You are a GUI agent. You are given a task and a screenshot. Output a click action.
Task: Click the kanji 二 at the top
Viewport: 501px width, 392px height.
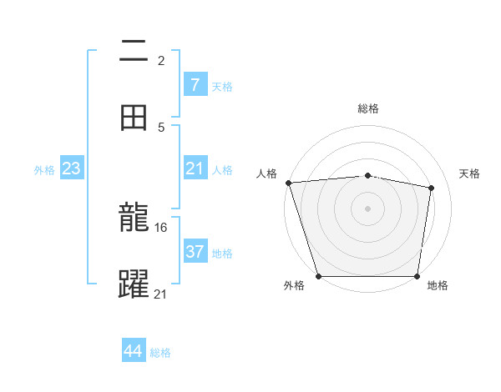[134, 53]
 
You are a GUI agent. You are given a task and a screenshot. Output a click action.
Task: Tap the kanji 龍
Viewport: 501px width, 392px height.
[134, 219]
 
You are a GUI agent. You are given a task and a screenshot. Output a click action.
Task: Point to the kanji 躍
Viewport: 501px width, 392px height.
[134, 284]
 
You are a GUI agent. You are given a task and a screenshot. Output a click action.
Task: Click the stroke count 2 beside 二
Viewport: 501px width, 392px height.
[161, 60]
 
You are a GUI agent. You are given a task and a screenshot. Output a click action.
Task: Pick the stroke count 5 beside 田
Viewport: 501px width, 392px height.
[161, 127]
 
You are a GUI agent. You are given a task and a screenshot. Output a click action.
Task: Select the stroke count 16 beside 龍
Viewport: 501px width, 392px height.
[162, 227]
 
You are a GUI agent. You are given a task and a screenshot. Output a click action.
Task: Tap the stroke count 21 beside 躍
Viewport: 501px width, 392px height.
[161, 293]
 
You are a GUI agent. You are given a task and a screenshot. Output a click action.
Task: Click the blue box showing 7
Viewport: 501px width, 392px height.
[195, 85]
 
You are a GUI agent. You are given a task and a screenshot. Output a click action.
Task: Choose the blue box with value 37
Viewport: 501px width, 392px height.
[195, 251]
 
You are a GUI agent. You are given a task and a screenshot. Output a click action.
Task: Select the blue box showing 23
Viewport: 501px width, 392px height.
[71, 168]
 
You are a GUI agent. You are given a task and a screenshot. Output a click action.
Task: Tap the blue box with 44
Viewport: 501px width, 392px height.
[134, 351]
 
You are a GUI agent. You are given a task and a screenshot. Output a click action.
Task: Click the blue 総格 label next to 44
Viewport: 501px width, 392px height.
[160, 353]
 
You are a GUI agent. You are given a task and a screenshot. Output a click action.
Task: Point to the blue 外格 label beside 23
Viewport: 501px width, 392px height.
[44, 170]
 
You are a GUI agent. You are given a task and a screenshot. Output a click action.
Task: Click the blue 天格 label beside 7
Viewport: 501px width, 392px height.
[222, 87]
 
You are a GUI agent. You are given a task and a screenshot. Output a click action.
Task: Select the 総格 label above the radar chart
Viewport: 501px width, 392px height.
[368, 108]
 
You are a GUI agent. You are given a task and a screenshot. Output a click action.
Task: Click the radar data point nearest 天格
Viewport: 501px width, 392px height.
[432, 188]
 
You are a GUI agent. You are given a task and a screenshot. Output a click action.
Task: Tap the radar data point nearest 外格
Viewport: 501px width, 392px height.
[318, 276]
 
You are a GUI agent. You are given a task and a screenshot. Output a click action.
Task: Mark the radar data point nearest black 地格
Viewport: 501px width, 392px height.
[417, 276]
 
